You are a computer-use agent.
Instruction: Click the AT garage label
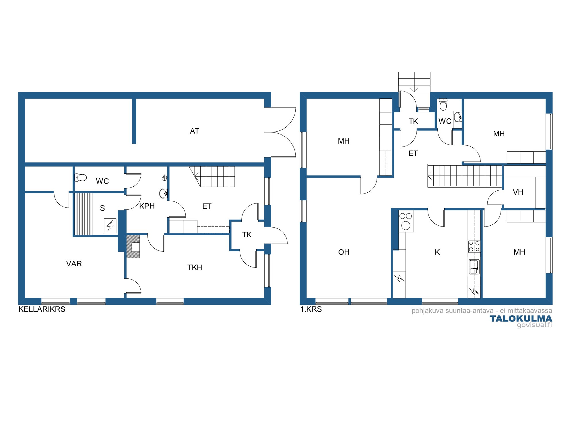point(195,131)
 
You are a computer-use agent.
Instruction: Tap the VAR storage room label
point(74,264)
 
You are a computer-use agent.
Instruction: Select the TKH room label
point(195,267)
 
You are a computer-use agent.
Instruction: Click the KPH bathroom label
point(147,206)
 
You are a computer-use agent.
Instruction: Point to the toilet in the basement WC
point(81,177)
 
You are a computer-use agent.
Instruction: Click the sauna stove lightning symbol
point(110,226)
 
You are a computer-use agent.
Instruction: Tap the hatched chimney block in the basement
point(133,247)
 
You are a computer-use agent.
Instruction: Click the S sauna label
point(102,208)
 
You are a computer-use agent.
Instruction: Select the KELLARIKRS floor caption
point(42,309)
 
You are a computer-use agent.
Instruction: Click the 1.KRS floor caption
point(311,309)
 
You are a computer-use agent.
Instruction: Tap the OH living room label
point(344,252)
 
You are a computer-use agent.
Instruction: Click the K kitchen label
point(437,252)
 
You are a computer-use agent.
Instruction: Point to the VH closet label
point(518,192)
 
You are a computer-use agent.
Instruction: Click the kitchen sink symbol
point(474,267)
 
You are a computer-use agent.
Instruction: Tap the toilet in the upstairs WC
point(443,105)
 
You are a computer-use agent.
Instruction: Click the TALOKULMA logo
point(521,318)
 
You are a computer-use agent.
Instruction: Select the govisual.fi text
point(534,325)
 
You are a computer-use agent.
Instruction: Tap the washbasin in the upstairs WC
point(458,117)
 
